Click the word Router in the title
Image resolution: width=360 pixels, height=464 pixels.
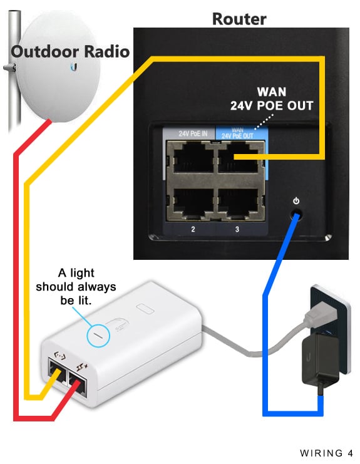point(239,19)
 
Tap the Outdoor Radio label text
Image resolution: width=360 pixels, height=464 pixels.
point(70,51)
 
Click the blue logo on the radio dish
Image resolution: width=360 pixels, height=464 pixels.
point(74,68)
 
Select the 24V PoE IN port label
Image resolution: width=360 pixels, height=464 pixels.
point(193,134)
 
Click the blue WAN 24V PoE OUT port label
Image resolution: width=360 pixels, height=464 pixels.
point(237,133)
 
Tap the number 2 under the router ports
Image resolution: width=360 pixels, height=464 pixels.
point(193,229)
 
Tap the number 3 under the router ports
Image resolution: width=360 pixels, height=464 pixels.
point(237,229)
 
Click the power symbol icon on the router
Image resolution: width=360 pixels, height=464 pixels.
point(296,201)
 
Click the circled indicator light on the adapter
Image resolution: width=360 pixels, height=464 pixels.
point(98,336)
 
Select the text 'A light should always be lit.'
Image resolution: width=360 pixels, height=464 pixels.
point(76,286)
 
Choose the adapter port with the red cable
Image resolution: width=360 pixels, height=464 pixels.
point(78,383)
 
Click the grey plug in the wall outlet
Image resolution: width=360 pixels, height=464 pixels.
point(321,315)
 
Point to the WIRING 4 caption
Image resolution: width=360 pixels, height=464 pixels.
point(326,453)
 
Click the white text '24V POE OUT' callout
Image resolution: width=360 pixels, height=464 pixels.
point(272,106)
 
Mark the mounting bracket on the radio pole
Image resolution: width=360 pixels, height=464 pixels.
point(10,68)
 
